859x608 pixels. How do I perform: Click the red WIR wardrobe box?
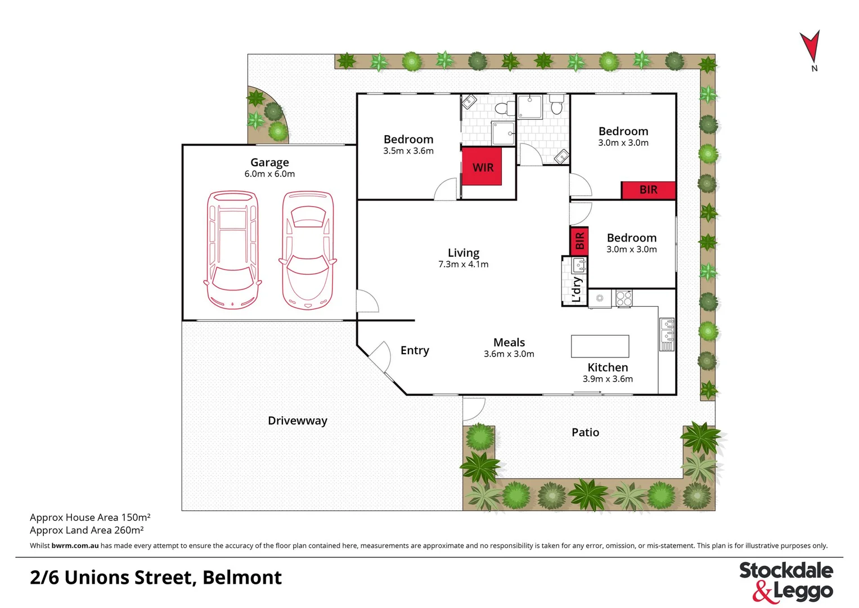point(482,168)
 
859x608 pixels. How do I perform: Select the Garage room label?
point(269,163)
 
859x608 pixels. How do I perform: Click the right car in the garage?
point(307,251)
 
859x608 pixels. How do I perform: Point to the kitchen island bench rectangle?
point(600,346)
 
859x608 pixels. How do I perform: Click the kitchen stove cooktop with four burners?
point(623,298)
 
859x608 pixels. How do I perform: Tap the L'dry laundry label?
point(577,289)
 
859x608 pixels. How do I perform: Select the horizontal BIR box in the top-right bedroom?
point(648,190)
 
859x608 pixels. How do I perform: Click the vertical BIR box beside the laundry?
point(579,241)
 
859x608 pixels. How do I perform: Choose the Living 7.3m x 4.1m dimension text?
point(463,265)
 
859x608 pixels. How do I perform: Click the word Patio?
point(585,432)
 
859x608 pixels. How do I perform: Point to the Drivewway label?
point(297,421)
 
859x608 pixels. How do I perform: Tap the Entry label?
point(415,351)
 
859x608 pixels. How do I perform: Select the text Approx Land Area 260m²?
point(87,530)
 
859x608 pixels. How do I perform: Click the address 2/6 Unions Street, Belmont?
point(156,578)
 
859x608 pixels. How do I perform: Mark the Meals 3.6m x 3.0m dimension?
point(509,354)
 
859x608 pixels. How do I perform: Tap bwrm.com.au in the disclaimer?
point(75,546)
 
